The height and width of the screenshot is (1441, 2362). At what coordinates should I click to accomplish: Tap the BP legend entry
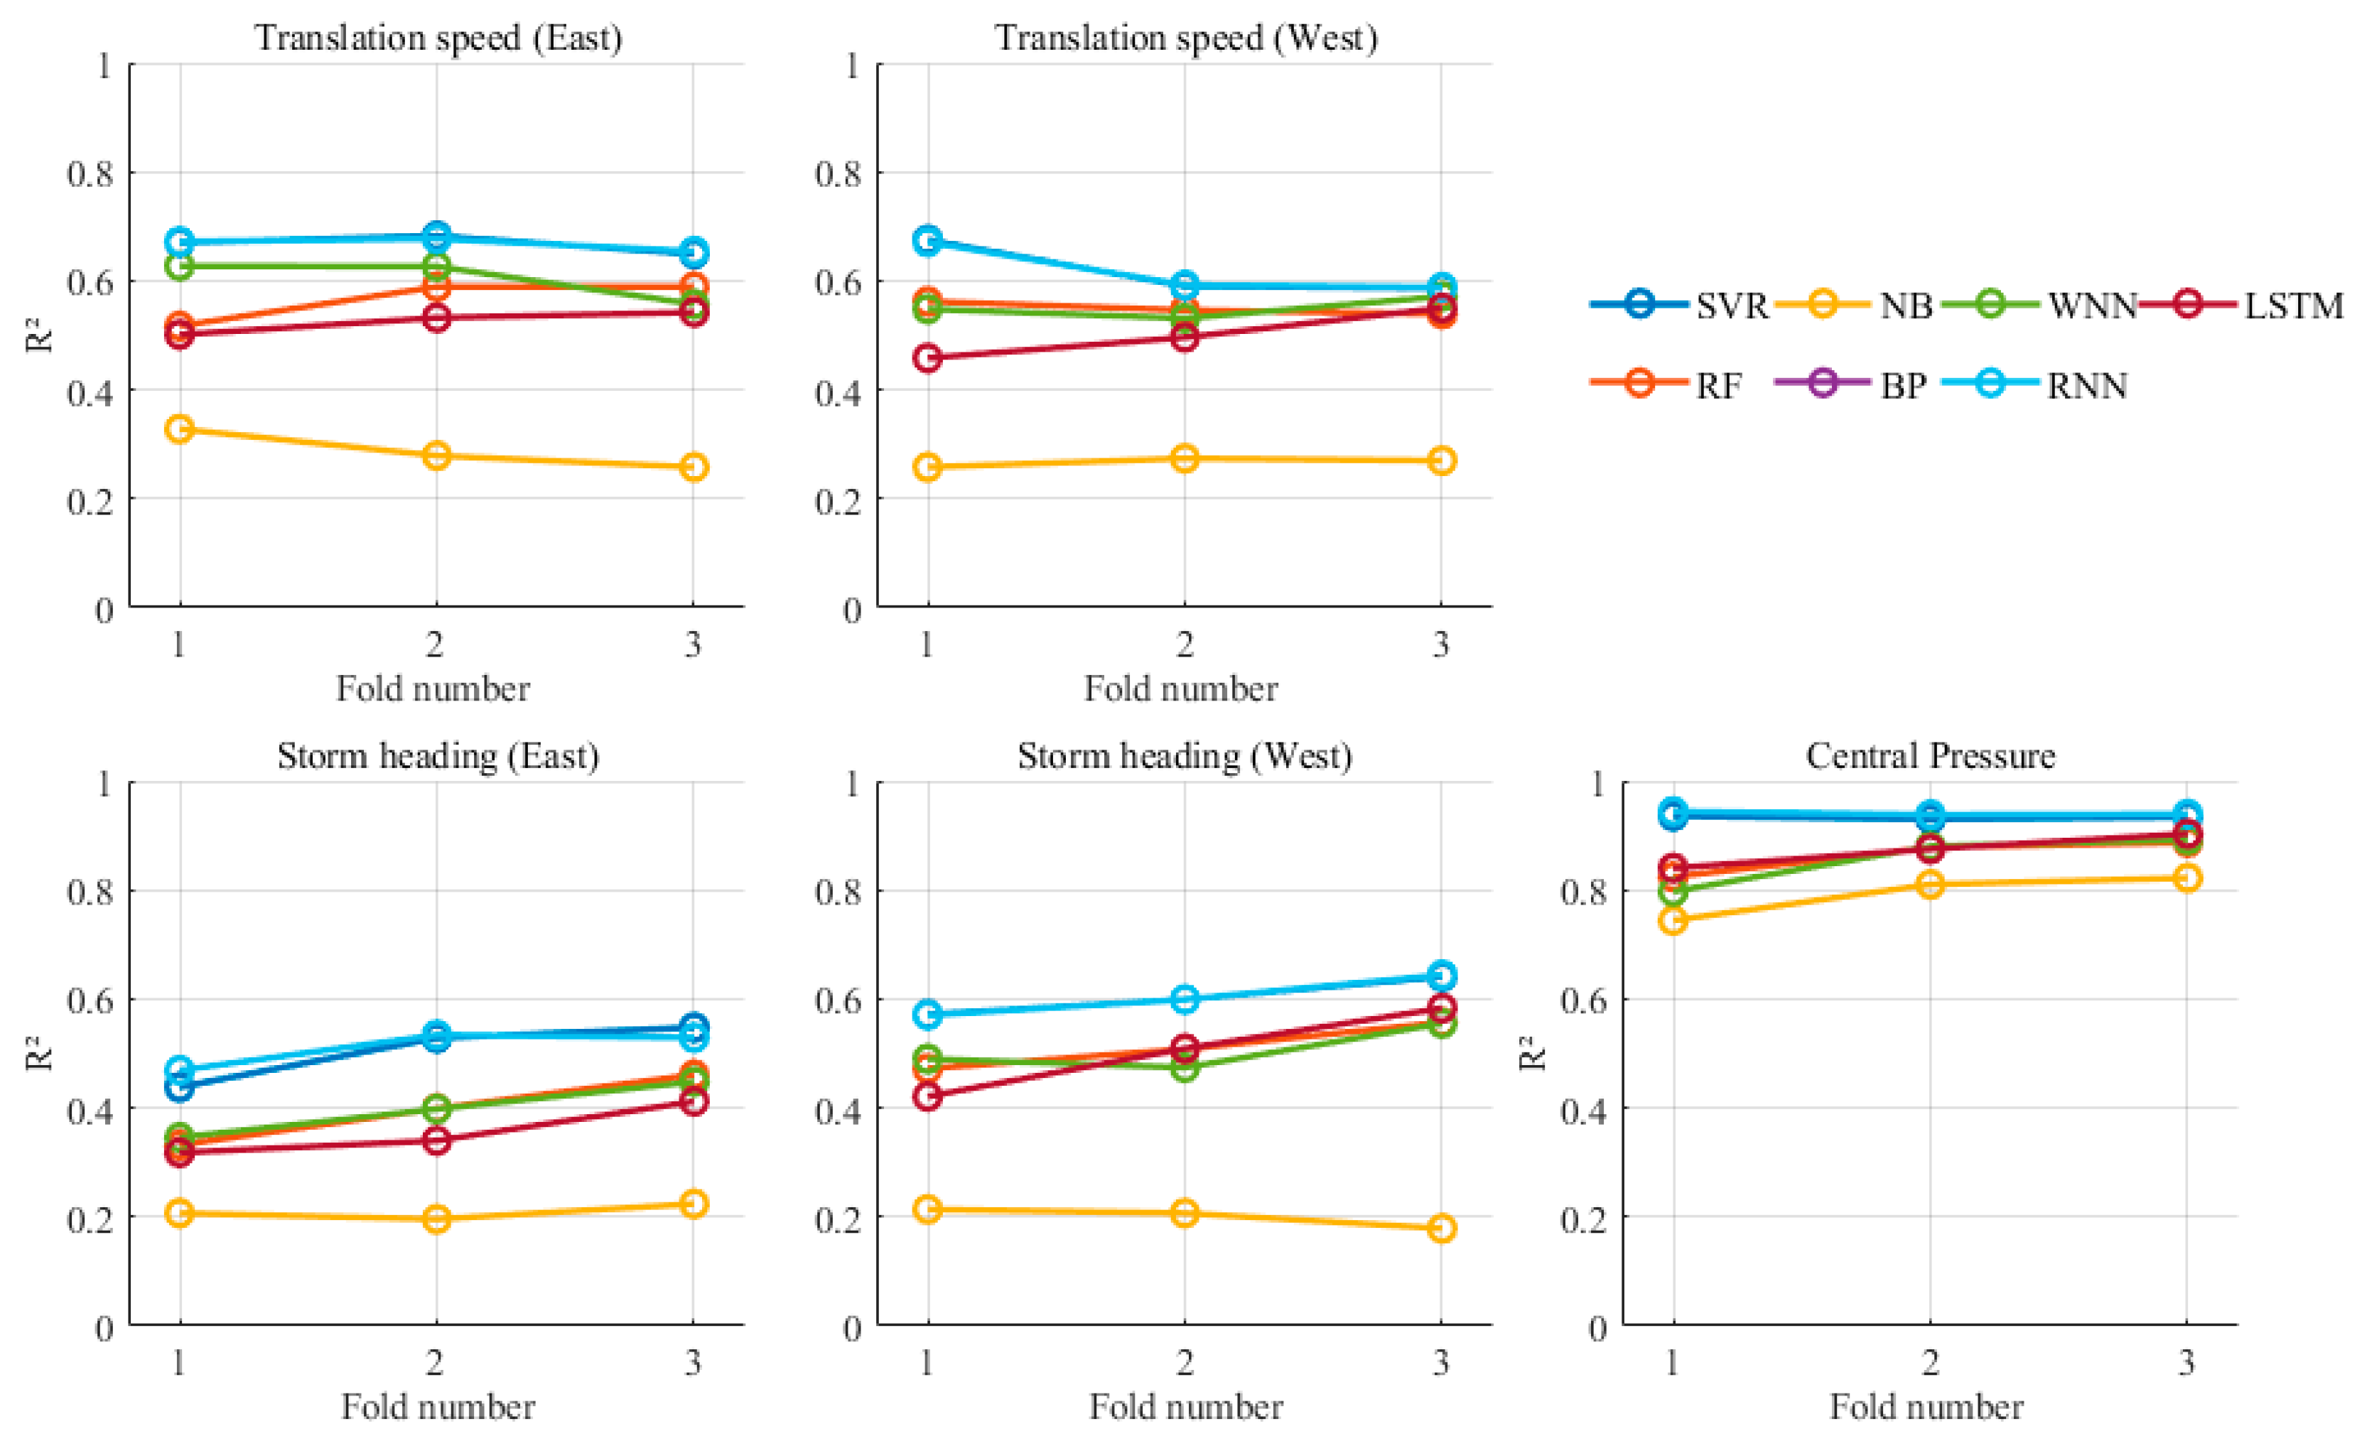click(x=1851, y=384)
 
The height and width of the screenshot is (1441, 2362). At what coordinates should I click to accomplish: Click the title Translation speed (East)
click(x=438, y=38)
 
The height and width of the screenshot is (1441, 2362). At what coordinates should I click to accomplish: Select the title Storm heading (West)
click(x=1185, y=757)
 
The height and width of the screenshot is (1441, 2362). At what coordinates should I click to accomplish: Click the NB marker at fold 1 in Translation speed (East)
click(x=179, y=428)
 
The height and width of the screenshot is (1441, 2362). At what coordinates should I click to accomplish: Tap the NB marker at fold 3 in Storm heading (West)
click(x=1442, y=1228)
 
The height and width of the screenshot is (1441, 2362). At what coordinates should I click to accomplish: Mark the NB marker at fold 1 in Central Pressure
click(x=1673, y=920)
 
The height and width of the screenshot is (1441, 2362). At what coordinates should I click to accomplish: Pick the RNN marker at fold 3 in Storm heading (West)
click(x=1442, y=976)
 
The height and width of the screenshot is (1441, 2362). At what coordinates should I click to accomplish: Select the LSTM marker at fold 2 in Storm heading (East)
click(x=436, y=1140)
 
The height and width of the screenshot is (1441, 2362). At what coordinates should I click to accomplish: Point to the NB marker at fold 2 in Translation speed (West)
click(x=1185, y=458)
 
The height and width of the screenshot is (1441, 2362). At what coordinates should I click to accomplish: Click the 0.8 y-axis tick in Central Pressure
click(x=1584, y=892)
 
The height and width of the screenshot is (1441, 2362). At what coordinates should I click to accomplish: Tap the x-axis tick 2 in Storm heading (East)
click(x=435, y=1361)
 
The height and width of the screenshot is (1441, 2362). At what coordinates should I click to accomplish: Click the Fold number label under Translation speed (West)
click(x=1181, y=689)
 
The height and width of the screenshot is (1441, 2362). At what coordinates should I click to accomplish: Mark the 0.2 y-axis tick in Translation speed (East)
click(x=90, y=500)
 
